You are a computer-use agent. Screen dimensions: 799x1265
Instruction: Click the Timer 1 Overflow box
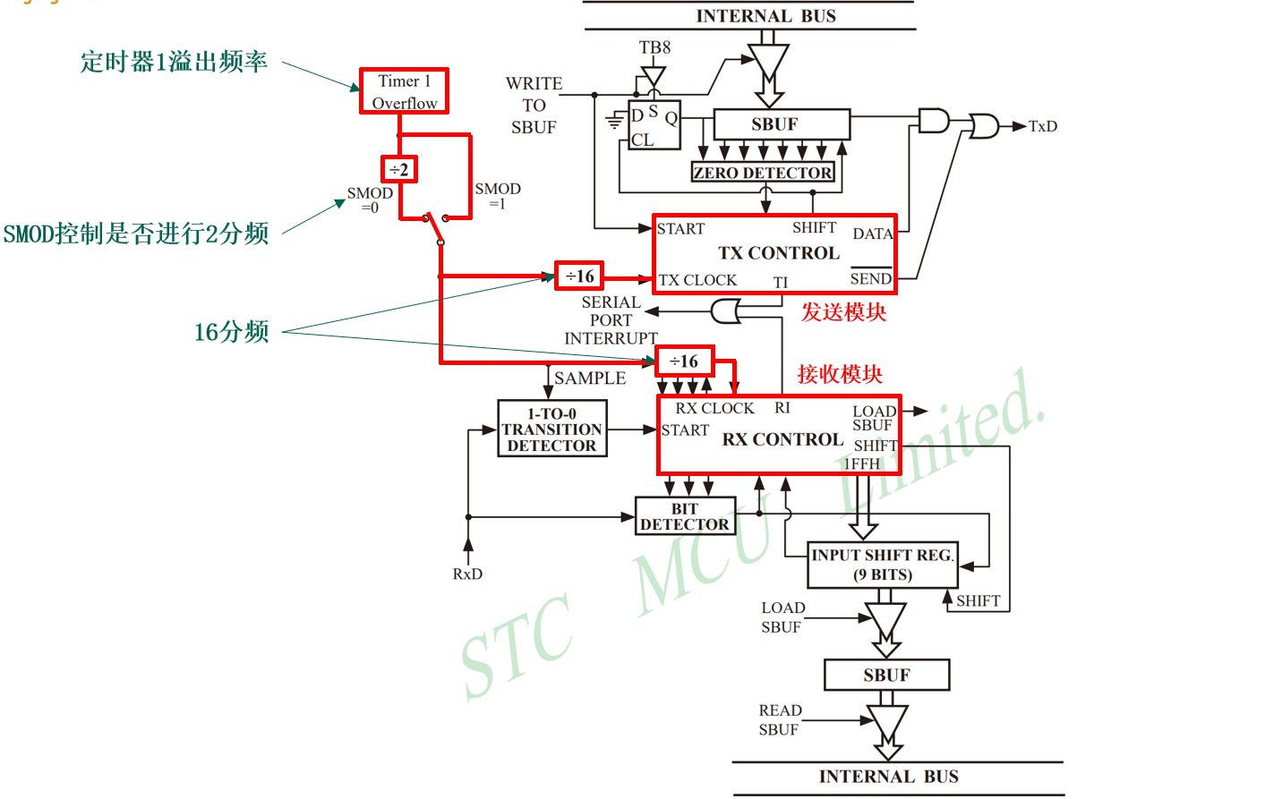point(404,91)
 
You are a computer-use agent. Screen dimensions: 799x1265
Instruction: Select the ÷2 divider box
point(399,169)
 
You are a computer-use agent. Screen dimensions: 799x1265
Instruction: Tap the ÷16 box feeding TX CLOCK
point(579,276)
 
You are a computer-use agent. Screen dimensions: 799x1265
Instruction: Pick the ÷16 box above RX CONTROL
point(684,361)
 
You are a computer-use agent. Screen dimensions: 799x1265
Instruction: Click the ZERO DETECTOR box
point(763,173)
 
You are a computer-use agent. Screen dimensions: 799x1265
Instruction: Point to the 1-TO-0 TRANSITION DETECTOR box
point(551,429)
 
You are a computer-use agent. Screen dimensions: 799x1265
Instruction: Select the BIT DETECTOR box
point(685,516)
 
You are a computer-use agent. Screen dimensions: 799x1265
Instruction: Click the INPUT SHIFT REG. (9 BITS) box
point(883,565)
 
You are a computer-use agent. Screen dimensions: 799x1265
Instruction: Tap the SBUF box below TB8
point(781,124)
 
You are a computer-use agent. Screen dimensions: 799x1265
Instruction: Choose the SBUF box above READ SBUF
point(886,675)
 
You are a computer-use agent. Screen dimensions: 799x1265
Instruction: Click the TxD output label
point(1043,126)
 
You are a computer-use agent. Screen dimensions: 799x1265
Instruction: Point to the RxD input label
point(467,574)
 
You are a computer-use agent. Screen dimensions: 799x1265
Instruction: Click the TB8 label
point(654,47)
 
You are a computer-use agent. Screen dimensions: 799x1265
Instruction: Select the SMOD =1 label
point(498,195)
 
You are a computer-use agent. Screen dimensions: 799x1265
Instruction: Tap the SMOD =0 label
point(370,200)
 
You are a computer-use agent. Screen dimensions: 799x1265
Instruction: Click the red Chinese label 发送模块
point(843,312)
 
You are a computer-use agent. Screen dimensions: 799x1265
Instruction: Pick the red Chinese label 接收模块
point(840,374)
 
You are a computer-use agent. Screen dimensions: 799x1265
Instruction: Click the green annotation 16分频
point(232,332)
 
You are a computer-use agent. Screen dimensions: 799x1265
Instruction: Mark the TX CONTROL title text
point(778,253)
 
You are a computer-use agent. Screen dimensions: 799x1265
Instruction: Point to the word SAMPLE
point(590,378)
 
